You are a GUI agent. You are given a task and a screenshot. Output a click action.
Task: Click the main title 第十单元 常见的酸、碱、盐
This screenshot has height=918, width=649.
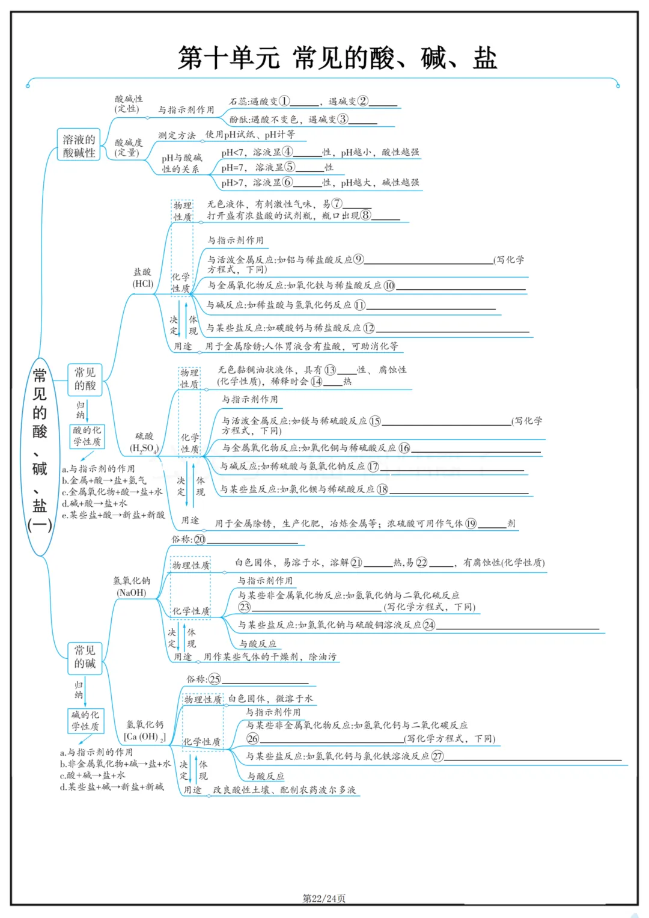pyautogui.click(x=337, y=58)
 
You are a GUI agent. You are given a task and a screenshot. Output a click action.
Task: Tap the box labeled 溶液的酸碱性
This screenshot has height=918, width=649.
pyautogui.click(x=79, y=146)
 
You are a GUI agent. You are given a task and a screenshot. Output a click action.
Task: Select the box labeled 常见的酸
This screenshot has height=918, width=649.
pyautogui.click(x=85, y=379)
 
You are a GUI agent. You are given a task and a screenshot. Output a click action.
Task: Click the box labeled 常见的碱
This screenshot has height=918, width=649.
pyautogui.click(x=85, y=657)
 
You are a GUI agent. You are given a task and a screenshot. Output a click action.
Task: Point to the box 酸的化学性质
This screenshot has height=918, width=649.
pyautogui.click(x=87, y=436)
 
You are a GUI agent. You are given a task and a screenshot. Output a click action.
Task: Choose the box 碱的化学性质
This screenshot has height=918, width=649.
pyautogui.click(x=85, y=721)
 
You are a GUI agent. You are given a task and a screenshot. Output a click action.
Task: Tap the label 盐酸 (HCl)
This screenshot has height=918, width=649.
pyautogui.click(x=142, y=278)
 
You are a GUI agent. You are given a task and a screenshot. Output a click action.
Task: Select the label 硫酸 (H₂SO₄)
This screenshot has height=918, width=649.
pyautogui.click(x=144, y=442)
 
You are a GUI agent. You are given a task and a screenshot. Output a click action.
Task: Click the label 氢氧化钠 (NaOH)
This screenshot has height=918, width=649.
pyautogui.click(x=132, y=586)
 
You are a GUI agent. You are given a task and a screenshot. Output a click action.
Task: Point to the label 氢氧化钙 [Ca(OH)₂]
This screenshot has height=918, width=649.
pyautogui.click(x=145, y=730)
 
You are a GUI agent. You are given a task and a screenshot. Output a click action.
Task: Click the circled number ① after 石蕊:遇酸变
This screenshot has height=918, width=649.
pyautogui.click(x=284, y=101)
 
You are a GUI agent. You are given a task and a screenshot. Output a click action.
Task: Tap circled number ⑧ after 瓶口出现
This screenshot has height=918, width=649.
pyautogui.click(x=365, y=215)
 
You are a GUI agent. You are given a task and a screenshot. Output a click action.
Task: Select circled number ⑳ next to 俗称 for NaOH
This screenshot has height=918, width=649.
pyautogui.click(x=200, y=540)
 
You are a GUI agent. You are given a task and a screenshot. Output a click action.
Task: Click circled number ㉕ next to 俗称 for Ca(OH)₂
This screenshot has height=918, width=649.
pyautogui.click(x=215, y=679)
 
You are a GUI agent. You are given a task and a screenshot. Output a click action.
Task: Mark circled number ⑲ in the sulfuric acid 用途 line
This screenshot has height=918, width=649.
pyautogui.click(x=471, y=524)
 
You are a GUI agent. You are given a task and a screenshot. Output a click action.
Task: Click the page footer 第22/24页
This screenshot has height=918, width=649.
pyautogui.click(x=324, y=898)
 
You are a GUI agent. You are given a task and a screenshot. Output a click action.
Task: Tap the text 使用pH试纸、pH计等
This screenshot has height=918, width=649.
pyautogui.click(x=250, y=135)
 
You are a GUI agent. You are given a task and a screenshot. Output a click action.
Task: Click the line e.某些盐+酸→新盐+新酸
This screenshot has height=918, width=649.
pyautogui.click(x=114, y=515)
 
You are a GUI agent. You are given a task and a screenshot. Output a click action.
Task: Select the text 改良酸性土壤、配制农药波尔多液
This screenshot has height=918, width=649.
pyautogui.click(x=284, y=790)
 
